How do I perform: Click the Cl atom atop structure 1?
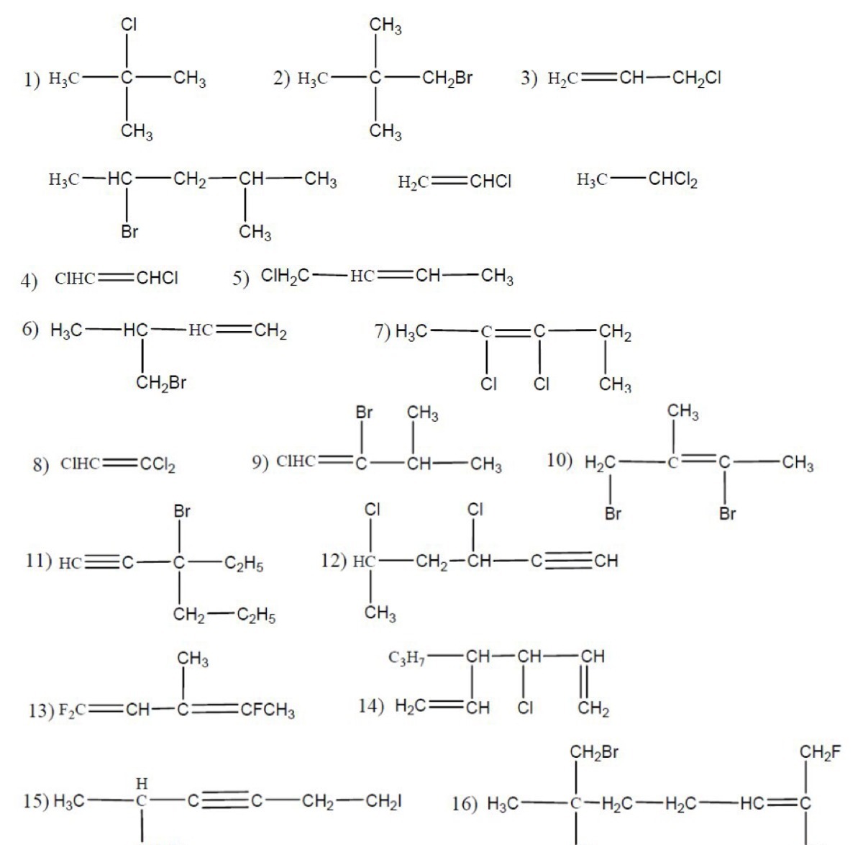pyautogui.click(x=129, y=24)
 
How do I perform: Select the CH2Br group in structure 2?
pyautogui.click(x=447, y=78)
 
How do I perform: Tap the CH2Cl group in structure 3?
pyautogui.click(x=697, y=78)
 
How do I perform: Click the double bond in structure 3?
pyautogui.click(x=598, y=78)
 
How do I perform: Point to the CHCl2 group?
pyautogui.click(x=672, y=180)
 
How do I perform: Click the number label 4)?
pyautogui.click(x=29, y=281)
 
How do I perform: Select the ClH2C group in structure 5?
pyautogui.click(x=285, y=276)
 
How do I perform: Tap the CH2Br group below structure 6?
pyautogui.click(x=161, y=383)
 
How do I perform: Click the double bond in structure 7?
pyautogui.click(x=513, y=332)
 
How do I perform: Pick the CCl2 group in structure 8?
pyautogui.click(x=158, y=464)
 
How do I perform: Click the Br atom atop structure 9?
pyautogui.click(x=364, y=412)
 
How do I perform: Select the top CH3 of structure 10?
pyautogui.click(x=683, y=412)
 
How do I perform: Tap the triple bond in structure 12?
pyautogui.click(x=569, y=561)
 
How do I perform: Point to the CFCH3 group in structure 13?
pyautogui.click(x=268, y=710)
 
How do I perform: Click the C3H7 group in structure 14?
pyautogui.click(x=406, y=658)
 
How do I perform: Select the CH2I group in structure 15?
pyautogui.click(x=384, y=802)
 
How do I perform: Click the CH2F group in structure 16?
pyautogui.click(x=821, y=752)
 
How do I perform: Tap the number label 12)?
pyautogui.click(x=334, y=561)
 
